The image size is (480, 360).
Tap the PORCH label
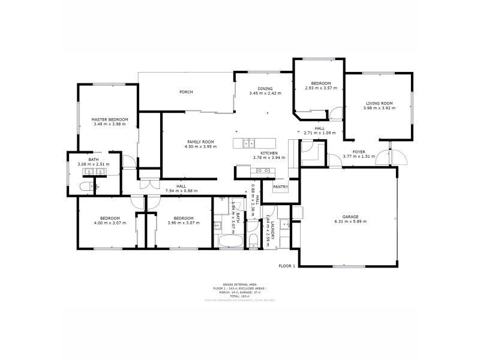(186, 92)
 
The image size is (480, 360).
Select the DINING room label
(265, 88)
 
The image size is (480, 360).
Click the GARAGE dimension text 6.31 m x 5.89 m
(351, 221)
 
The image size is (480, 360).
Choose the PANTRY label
(280, 187)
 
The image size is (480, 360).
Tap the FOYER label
(359, 152)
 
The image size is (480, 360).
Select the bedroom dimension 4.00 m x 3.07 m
(110, 223)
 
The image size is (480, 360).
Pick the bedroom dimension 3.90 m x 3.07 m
(183, 223)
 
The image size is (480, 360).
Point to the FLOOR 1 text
(287, 265)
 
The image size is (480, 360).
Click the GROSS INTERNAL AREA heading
(240, 285)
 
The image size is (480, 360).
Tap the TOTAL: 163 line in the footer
(240, 296)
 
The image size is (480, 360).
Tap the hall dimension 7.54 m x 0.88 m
(181, 191)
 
